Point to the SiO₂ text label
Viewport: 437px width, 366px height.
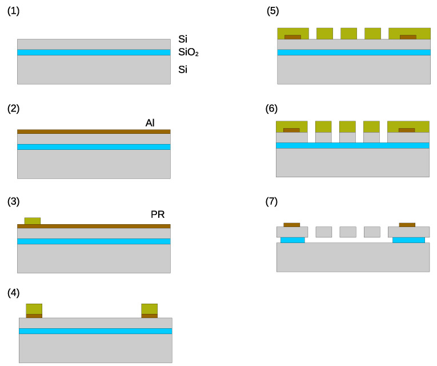188,53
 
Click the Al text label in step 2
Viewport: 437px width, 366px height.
150,123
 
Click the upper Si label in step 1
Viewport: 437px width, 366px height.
183,39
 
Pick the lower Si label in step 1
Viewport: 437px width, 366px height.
183,70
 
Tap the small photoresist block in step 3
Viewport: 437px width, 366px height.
33,221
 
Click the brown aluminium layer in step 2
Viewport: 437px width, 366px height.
94,132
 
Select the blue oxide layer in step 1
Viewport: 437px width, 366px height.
94,53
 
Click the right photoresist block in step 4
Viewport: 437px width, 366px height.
149,308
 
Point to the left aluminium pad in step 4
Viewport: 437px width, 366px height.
34,316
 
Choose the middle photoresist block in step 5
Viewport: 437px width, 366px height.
348,33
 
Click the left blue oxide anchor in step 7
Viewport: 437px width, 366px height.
292,240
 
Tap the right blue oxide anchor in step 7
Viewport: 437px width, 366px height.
408,240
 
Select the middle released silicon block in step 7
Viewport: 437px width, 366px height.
348,232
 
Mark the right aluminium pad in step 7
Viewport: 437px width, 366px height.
407,225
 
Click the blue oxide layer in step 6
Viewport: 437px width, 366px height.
352,145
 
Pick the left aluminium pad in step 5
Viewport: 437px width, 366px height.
292,37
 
